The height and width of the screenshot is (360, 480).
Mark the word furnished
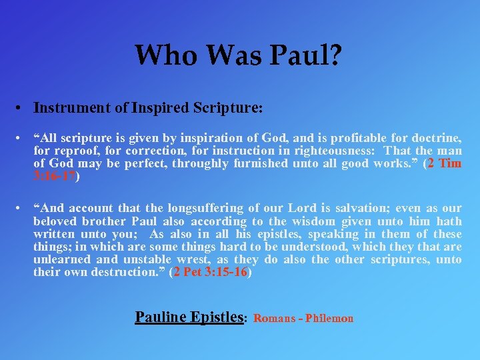pos(266,163)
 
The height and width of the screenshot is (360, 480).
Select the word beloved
pos(56,221)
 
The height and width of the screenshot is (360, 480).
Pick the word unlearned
pos(63,259)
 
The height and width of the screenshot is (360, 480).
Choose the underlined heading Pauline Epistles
pos(189,317)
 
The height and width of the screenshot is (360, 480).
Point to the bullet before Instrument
pos(22,107)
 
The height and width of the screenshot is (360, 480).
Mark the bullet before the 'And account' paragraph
pos(22,209)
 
